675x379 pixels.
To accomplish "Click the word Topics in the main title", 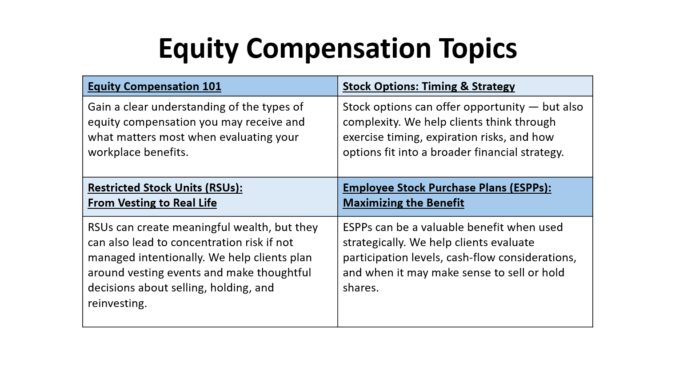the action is pos(478,48).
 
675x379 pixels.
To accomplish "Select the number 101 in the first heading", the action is pos(212,87).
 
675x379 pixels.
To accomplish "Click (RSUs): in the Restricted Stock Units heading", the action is pos(224,188).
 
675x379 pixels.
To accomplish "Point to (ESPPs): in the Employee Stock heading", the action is pos(531,188).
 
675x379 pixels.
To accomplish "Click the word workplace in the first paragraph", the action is pos(114,152).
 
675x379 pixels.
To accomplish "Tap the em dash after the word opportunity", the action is pos(533,107).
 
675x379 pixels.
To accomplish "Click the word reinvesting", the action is pos(117,303).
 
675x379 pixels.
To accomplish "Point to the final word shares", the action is pos(361,288).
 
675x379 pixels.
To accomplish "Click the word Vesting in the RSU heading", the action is pos(138,203).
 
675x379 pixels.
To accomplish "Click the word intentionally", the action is pos(172,258).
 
